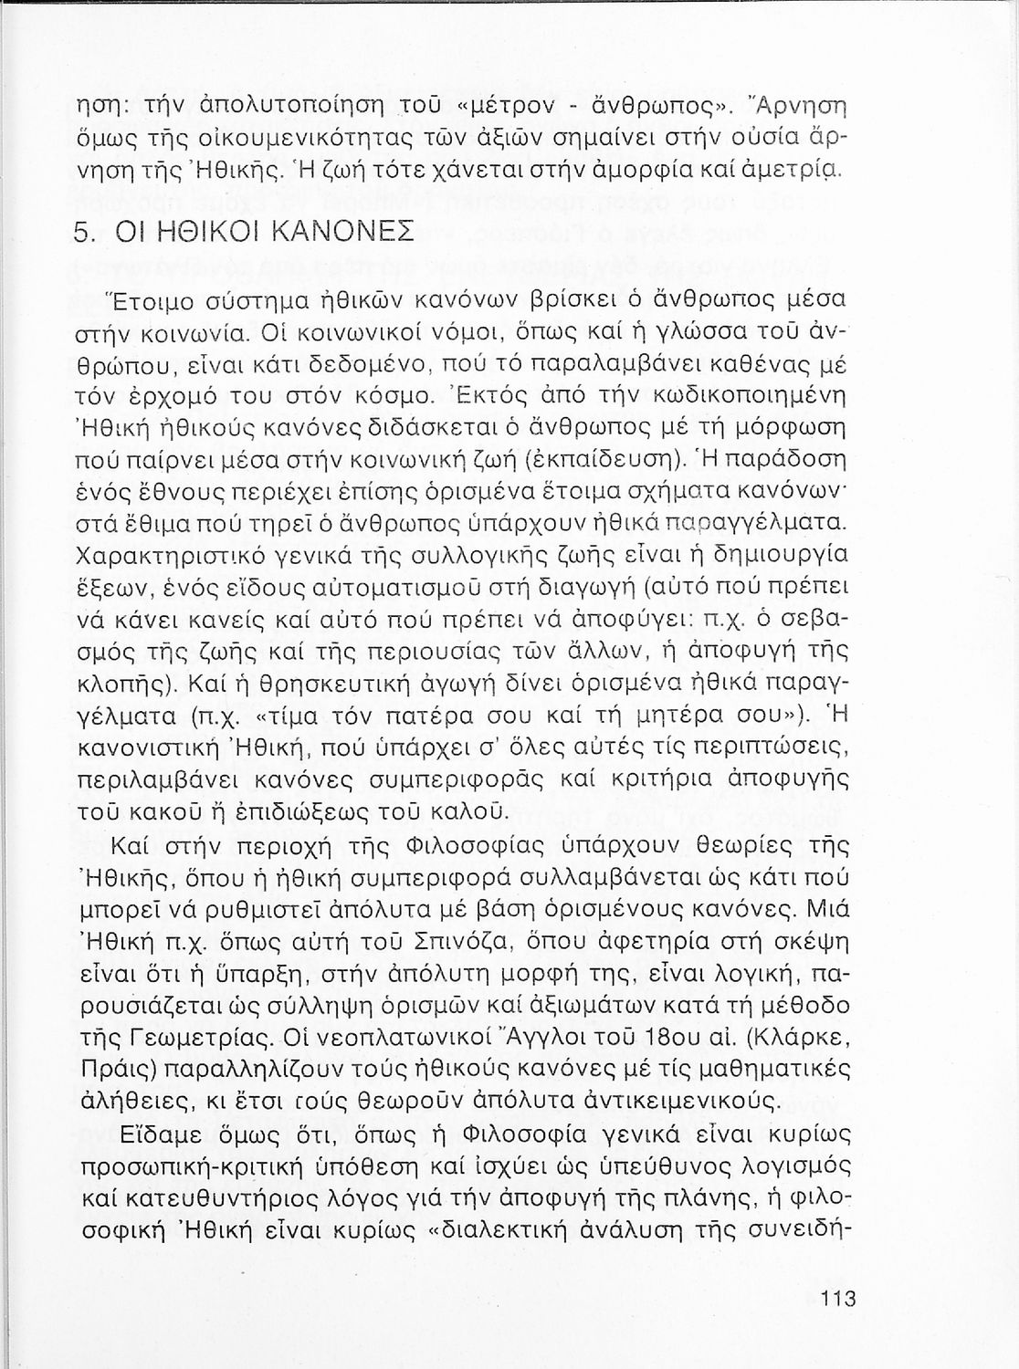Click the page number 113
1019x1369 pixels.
point(836,1298)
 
